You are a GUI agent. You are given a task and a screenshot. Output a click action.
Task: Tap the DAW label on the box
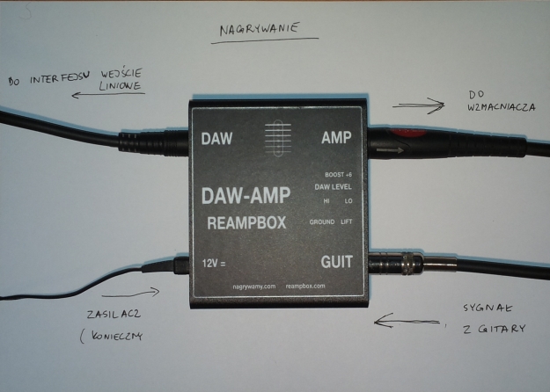pos(216,139)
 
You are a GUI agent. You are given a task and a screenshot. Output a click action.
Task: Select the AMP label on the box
pos(336,139)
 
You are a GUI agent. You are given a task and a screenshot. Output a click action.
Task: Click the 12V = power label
pos(216,261)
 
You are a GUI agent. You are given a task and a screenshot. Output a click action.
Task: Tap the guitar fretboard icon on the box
pos(275,139)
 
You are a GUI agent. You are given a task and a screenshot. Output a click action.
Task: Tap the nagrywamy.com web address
pos(254,286)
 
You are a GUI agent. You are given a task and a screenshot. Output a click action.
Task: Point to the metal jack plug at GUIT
pos(400,261)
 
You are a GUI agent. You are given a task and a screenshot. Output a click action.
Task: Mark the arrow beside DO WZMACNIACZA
pos(420,107)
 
